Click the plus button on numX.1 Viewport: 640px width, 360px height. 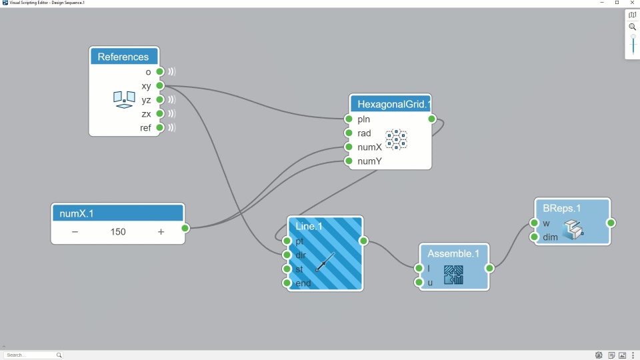coord(161,232)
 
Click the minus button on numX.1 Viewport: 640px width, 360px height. coord(75,232)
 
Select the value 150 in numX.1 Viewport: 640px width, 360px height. coord(118,232)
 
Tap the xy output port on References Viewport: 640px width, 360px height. coord(160,86)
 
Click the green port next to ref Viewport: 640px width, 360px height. coord(160,128)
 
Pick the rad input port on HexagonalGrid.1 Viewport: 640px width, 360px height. coord(349,133)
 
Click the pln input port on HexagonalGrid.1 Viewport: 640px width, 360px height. coord(349,119)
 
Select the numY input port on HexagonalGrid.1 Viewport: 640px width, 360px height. coord(349,161)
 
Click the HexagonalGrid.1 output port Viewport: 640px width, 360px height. coord(432,119)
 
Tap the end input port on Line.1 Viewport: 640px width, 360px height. coord(287,283)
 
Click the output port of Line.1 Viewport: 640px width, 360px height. coord(363,241)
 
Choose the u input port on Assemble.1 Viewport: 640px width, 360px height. coord(419,283)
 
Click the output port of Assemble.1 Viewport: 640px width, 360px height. coord(489,269)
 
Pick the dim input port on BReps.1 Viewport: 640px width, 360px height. coord(534,237)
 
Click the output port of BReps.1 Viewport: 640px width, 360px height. coord(611,223)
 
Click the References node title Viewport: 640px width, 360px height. coord(123,57)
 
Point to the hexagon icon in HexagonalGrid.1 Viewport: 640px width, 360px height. coord(396,139)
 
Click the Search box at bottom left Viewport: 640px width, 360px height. coord(32,355)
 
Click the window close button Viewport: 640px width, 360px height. coord(632,3)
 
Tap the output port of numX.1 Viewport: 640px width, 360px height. coord(185,228)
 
